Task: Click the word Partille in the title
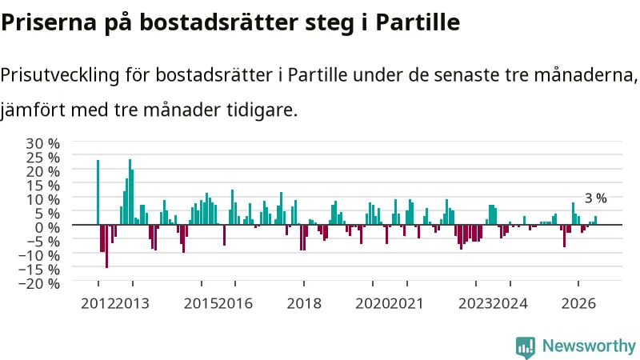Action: [418, 22]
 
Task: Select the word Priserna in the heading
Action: [49, 22]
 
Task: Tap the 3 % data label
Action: [596, 198]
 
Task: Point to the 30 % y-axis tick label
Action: [43, 143]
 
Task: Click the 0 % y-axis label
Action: [47, 227]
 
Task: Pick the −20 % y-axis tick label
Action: [39, 283]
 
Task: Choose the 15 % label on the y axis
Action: [43, 186]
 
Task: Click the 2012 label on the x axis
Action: [98, 304]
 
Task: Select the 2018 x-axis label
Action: [304, 304]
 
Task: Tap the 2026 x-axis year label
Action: [578, 304]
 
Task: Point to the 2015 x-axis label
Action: [202, 304]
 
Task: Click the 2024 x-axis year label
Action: [510, 304]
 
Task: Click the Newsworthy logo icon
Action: [526, 347]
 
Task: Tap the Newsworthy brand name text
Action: [590, 346]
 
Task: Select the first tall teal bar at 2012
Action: [98, 192]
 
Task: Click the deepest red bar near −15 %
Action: [107, 246]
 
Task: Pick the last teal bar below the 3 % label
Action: [595, 221]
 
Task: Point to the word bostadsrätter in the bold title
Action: [219, 22]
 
